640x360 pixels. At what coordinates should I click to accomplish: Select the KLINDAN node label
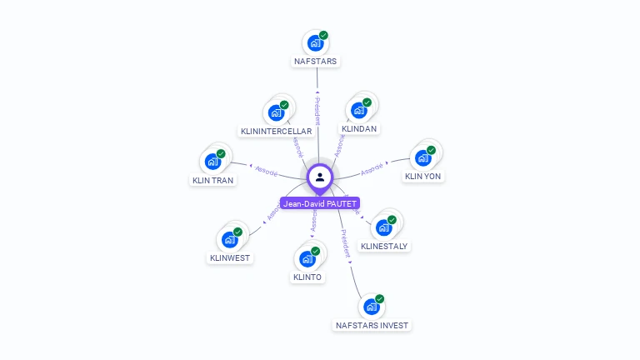(x=359, y=129)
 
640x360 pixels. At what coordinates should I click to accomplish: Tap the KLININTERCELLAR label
(x=276, y=132)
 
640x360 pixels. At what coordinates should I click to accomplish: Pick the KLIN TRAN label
(x=212, y=180)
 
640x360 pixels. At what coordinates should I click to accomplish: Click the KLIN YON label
(x=422, y=177)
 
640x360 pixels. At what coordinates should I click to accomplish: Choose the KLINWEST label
(x=230, y=258)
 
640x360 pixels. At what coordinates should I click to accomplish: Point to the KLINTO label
(x=307, y=277)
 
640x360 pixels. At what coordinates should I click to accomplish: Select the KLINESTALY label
(x=384, y=246)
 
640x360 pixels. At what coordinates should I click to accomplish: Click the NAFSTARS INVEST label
(x=372, y=325)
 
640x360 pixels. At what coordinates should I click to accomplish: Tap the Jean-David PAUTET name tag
(x=320, y=203)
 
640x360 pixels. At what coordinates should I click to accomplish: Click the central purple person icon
(x=320, y=177)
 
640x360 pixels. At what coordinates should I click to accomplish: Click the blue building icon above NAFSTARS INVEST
(x=372, y=307)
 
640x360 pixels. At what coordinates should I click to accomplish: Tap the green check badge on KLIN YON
(x=431, y=150)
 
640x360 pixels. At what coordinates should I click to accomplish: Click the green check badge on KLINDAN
(x=367, y=102)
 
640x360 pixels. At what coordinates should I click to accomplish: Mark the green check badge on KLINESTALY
(x=392, y=220)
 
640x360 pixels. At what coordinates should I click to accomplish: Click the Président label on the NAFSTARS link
(x=317, y=111)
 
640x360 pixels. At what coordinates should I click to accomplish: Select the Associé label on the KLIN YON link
(x=372, y=168)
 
